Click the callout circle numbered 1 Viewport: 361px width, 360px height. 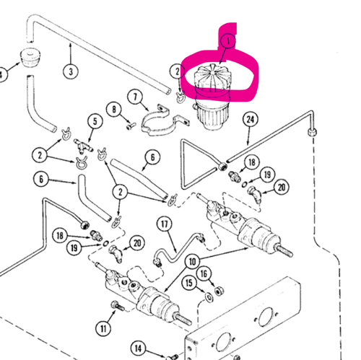point(228,42)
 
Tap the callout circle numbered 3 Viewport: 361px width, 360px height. point(70,71)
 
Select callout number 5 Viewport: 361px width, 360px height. point(94,121)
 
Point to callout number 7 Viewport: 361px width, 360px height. point(134,97)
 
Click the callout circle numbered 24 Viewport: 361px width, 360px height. point(251,118)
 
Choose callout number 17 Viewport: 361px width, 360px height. point(165,224)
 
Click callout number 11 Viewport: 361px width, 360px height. point(105,329)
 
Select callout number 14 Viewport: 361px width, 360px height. point(136,350)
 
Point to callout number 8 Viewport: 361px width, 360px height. point(113,110)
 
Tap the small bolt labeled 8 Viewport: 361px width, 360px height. point(131,124)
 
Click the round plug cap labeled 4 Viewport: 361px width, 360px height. point(28,58)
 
